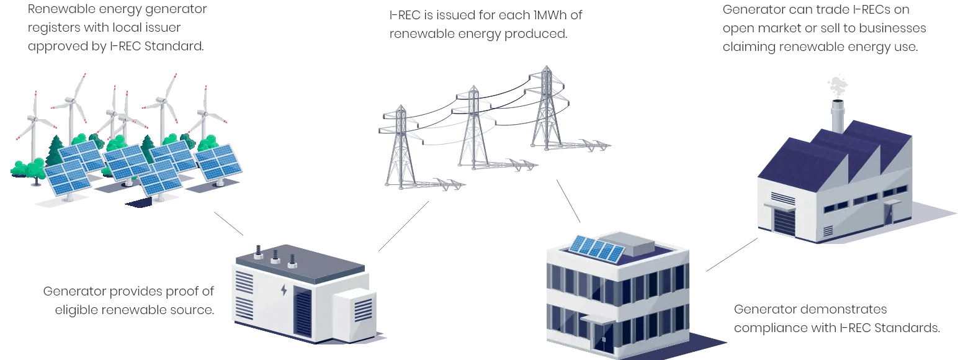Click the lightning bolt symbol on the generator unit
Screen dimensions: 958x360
284,290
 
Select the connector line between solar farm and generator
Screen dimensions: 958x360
229,224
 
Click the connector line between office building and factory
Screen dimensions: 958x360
732,255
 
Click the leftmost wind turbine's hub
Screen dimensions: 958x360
36,118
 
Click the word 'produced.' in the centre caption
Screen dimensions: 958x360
538,33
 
